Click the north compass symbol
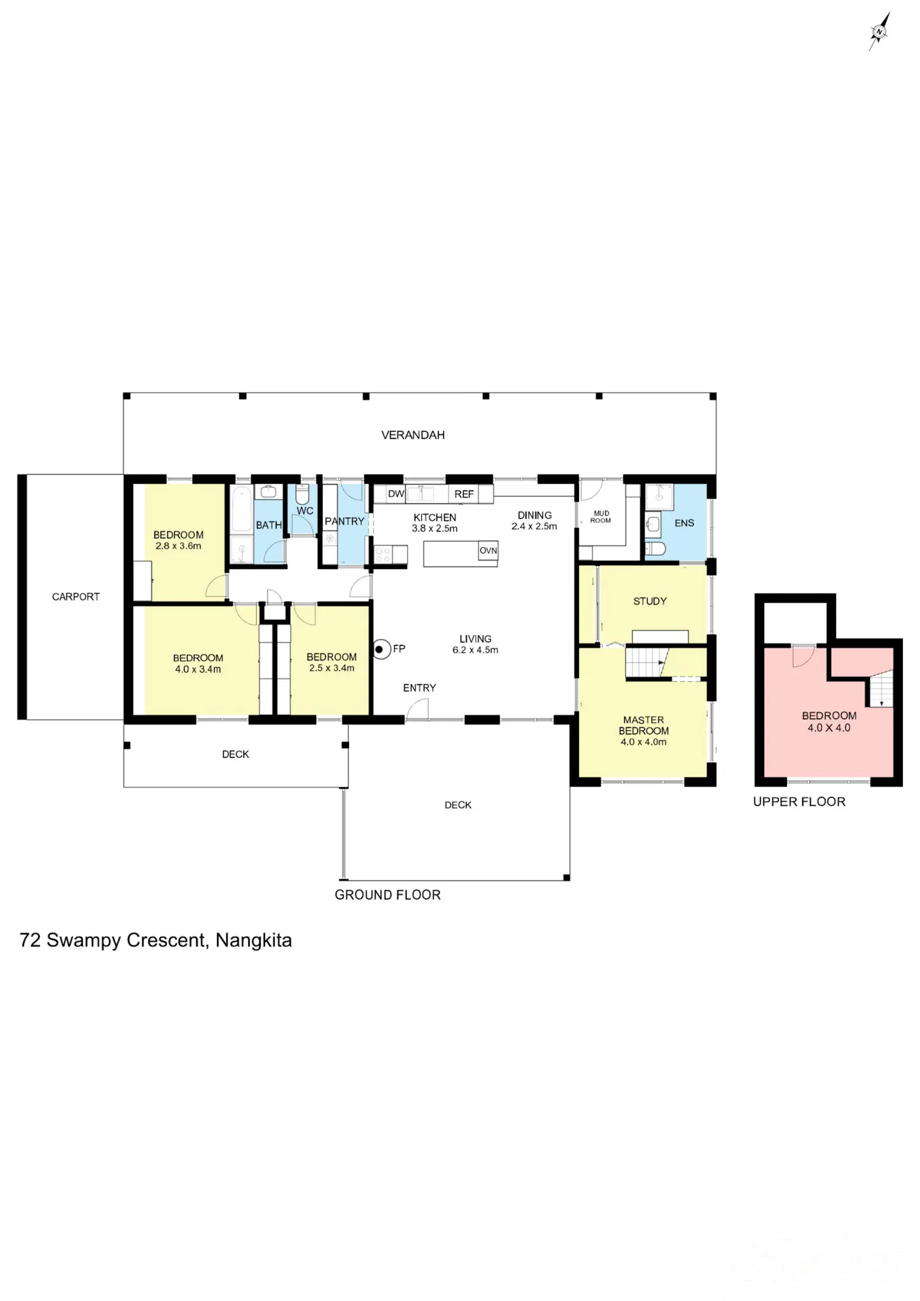[x=880, y=31]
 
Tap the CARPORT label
[x=75, y=597]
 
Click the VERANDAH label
[x=413, y=435]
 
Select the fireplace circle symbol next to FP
[x=381, y=649]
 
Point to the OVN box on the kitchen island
[x=488, y=551]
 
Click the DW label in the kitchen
[x=396, y=494]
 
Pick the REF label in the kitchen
[x=464, y=494]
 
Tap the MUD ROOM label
[x=601, y=517]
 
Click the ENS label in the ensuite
[x=684, y=523]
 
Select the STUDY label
[x=650, y=601]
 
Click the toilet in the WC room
[x=302, y=494]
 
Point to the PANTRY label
[x=344, y=521]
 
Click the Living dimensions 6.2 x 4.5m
[x=475, y=650]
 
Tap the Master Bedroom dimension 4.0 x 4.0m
[x=643, y=742]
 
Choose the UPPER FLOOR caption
[x=799, y=802]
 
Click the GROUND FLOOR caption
[x=388, y=895]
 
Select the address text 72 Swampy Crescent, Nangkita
[x=156, y=940]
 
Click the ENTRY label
[x=420, y=688]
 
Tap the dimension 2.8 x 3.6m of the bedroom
[x=178, y=546]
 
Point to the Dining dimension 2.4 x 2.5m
[x=534, y=526]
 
